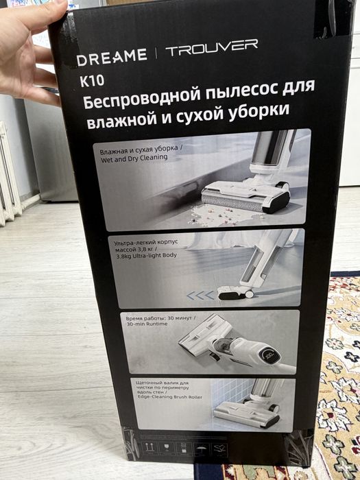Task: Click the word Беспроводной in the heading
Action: coord(145,101)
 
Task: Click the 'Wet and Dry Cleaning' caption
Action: coord(133,158)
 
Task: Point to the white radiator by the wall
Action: coord(9,175)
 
